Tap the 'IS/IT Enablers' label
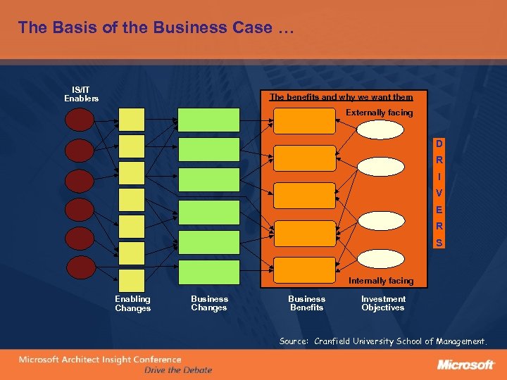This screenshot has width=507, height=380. (x=81, y=94)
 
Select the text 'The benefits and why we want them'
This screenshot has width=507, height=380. (x=341, y=97)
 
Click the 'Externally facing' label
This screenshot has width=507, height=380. (x=379, y=113)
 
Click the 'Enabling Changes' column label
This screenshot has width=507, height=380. (x=133, y=303)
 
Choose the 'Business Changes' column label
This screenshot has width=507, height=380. (x=209, y=303)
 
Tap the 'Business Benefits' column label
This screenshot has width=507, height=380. (x=306, y=303)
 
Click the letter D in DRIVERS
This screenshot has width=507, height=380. (x=439, y=144)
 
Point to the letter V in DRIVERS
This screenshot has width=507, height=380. (x=439, y=194)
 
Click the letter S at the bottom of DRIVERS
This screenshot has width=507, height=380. (x=439, y=243)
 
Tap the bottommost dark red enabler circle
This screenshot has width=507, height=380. (x=79, y=267)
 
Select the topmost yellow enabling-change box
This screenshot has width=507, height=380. (x=132, y=120)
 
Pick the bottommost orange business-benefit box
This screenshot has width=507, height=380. (x=304, y=270)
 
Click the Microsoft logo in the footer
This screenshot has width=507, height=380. (x=465, y=365)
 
